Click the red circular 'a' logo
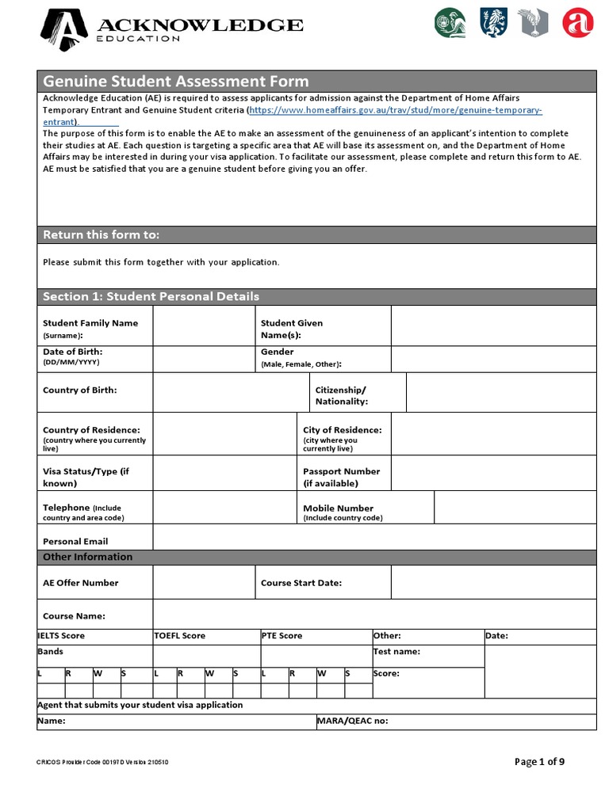click(577, 23)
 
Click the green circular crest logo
click(450, 23)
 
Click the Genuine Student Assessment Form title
click(175, 81)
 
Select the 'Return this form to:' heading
click(101, 234)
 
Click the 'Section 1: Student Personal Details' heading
click(151, 296)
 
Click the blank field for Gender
click(493, 359)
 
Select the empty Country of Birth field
click(230, 392)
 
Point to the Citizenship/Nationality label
click(342, 395)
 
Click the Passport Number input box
click(493, 473)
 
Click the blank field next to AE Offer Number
click(204, 582)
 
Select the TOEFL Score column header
click(179, 635)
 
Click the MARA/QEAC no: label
click(352, 722)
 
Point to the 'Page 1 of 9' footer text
click(539, 762)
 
